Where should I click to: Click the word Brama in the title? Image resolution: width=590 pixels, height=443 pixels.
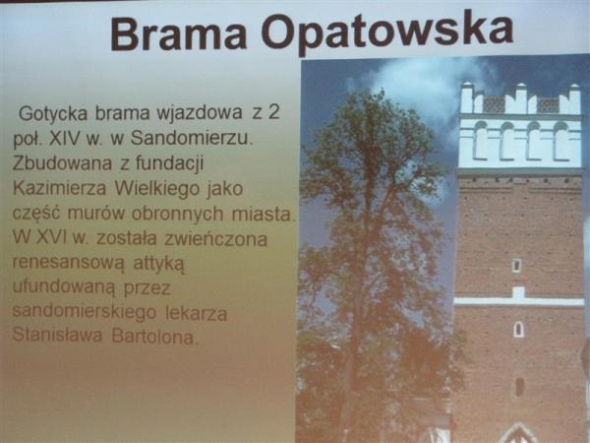pyautogui.click(x=178, y=33)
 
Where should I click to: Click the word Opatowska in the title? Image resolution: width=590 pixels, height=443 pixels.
pyautogui.click(x=387, y=32)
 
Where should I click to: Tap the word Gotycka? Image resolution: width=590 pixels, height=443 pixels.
pyautogui.click(x=53, y=113)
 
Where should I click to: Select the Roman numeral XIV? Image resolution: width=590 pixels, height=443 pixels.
pyautogui.click(x=65, y=138)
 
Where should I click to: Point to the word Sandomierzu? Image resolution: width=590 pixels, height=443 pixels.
pyautogui.click(x=192, y=138)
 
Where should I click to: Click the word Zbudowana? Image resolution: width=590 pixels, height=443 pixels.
pyautogui.click(x=63, y=163)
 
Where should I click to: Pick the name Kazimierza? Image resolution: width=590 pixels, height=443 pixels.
pyautogui.click(x=59, y=188)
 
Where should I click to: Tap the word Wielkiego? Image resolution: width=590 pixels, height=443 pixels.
pyautogui.click(x=157, y=189)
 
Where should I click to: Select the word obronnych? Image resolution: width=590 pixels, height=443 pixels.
pyautogui.click(x=177, y=214)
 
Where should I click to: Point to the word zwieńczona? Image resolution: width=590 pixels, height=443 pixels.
pyautogui.click(x=215, y=239)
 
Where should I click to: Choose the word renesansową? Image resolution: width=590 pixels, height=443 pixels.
pyautogui.click(x=68, y=263)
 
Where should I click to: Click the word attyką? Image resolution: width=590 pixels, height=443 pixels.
pyautogui.click(x=158, y=263)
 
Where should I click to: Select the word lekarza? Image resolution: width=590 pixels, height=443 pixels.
pyautogui.click(x=196, y=313)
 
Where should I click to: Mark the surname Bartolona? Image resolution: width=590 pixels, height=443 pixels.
pyautogui.click(x=153, y=337)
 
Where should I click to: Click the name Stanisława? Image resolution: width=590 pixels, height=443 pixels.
pyautogui.click(x=57, y=335)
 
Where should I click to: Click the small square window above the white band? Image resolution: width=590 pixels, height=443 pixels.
pyautogui.click(x=517, y=265)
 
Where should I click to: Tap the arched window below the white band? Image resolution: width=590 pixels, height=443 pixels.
pyautogui.click(x=518, y=330)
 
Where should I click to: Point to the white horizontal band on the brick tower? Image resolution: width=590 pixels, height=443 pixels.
pyautogui.click(x=519, y=300)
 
